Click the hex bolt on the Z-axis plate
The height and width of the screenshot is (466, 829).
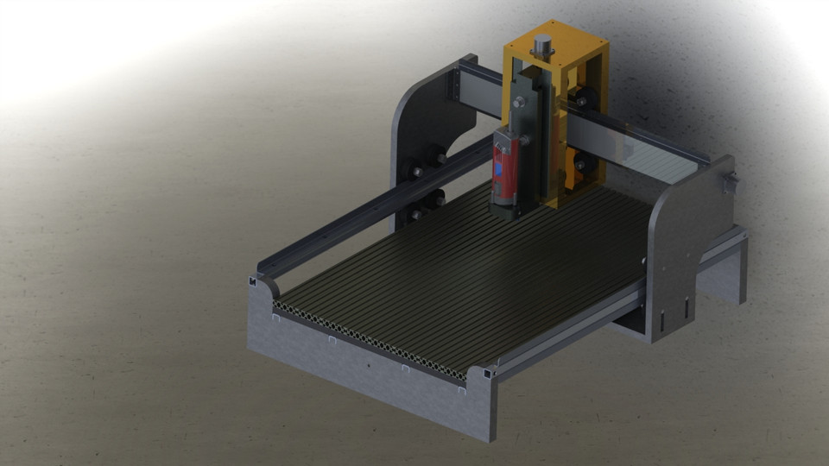[x=518, y=104]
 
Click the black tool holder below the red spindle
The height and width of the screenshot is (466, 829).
[x=505, y=207]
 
